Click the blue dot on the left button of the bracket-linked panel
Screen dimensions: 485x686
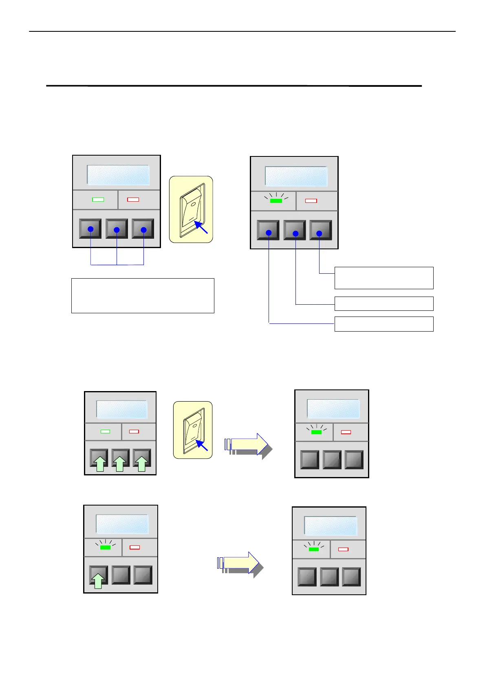point(90,229)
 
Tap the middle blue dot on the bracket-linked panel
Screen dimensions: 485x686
point(117,230)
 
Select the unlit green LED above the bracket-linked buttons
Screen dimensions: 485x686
point(98,200)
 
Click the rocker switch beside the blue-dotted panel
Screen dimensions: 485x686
point(191,210)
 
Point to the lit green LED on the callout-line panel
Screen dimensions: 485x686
point(276,201)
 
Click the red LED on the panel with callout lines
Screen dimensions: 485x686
point(311,201)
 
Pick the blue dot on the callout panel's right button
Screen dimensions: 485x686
point(320,233)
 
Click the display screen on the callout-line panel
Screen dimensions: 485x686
point(296,176)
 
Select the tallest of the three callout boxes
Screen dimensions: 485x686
point(384,278)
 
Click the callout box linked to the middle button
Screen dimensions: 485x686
point(384,303)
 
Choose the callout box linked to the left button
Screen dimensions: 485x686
point(384,324)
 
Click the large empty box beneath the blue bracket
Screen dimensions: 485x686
point(143,296)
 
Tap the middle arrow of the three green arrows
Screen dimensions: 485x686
point(120,464)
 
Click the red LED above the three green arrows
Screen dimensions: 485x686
point(134,431)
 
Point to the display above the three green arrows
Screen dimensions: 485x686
point(121,409)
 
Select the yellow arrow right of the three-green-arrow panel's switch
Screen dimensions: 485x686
point(249,445)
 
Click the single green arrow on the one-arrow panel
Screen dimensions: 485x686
point(98,580)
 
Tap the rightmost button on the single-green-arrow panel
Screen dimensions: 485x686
point(143,575)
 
